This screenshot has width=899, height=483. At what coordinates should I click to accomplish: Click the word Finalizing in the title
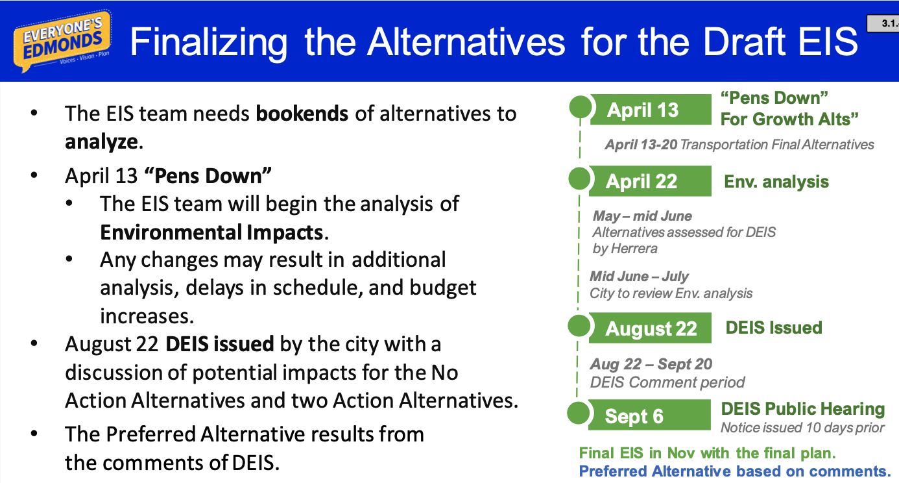pos(209,43)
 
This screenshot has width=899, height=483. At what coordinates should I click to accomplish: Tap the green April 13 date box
pos(650,109)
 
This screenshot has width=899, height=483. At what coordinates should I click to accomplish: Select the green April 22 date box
pos(650,181)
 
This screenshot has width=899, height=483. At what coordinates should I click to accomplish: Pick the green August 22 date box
pos(650,328)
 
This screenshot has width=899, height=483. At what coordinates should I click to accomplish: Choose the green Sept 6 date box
pos(649,415)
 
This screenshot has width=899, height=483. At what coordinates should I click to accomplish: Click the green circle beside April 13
pos(581,107)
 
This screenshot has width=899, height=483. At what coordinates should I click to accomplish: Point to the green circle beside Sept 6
pos(579,413)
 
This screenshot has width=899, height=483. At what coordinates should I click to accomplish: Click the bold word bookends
pos(302,114)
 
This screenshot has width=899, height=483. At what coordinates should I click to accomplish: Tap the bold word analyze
pos(102,142)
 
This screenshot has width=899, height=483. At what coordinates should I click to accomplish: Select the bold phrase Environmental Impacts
pos(211,232)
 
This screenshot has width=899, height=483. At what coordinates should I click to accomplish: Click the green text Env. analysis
pos(776,182)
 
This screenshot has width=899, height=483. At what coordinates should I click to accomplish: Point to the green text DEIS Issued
pos(774,328)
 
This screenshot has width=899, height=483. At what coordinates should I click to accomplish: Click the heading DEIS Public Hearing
pos(803,409)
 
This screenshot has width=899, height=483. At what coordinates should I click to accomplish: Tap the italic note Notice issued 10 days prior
pos(803,428)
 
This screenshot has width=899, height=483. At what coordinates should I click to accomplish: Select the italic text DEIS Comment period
pos(667,382)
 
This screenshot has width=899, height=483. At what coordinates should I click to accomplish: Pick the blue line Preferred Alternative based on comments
pos(734,471)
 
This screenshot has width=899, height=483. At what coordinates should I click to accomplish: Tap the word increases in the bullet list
pos(147,316)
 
